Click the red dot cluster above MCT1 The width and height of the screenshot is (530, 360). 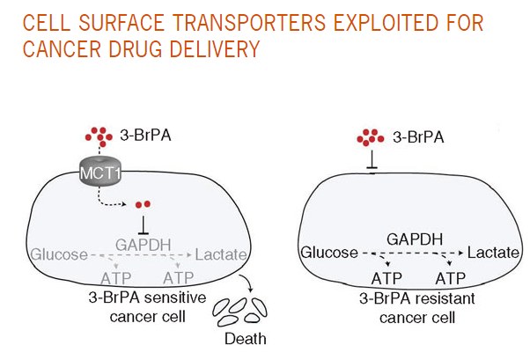pyautogui.click(x=98, y=136)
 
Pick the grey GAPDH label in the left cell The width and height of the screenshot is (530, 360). pyautogui.click(x=141, y=238)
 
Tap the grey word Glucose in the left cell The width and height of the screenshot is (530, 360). pyautogui.click(x=58, y=255)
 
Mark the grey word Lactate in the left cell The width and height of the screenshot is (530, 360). pyautogui.click(x=221, y=255)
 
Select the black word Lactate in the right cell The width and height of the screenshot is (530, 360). pyautogui.click(x=492, y=254)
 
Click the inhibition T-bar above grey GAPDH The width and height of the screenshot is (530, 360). pyautogui.click(x=141, y=220)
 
